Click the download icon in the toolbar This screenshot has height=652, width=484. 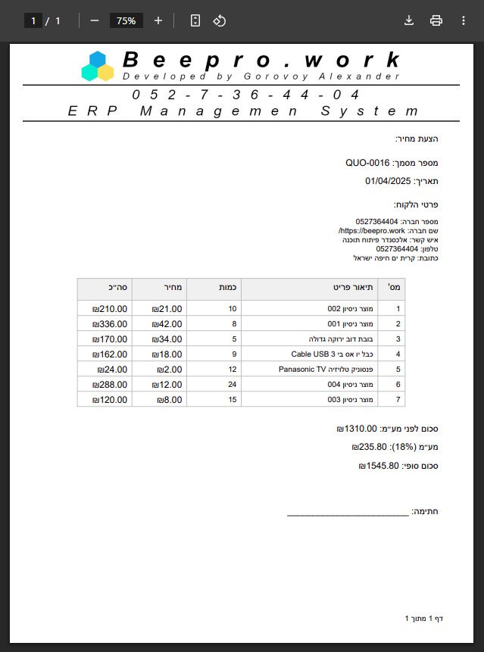coord(409,20)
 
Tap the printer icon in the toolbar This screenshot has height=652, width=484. coord(436,20)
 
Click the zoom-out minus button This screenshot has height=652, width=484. coord(95,20)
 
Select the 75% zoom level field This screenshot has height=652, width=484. coord(126,20)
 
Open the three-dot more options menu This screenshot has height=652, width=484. coord(463,20)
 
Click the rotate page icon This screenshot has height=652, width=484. coord(219,20)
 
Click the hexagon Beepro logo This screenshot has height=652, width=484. coord(98,66)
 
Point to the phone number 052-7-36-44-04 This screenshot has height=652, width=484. coord(245,95)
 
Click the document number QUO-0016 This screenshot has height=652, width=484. coord(367,163)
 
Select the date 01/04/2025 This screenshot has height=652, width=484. coord(387,181)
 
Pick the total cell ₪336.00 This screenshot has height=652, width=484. coord(110,324)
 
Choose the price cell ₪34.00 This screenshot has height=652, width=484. coord(167,339)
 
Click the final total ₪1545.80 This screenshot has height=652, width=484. coord(379,466)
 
